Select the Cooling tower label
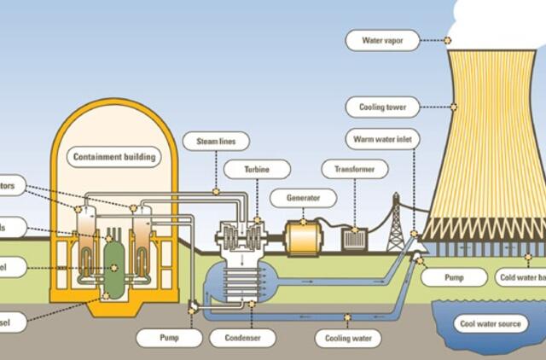click(x=383, y=107)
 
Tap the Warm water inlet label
click(x=381, y=138)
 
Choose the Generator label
click(x=303, y=198)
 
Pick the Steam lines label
click(x=217, y=139)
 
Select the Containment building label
click(x=114, y=157)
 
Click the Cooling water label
click(x=348, y=338)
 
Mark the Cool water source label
click(x=493, y=324)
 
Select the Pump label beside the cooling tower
click(x=455, y=277)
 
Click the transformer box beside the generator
click(x=353, y=239)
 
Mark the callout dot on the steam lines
click(x=217, y=192)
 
